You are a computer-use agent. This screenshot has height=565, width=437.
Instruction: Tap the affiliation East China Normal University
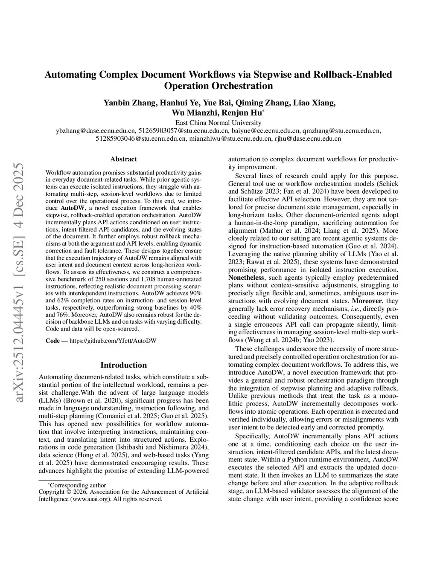click(x=218, y=123)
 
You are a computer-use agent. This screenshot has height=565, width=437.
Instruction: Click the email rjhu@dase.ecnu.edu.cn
click(x=308, y=138)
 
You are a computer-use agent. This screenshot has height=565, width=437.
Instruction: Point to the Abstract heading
click(x=123, y=159)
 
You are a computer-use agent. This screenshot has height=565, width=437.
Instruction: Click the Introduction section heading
click(x=123, y=365)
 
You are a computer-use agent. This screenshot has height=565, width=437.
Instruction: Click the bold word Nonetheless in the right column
click(x=246, y=277)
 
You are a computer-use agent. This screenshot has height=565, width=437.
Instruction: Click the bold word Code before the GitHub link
click(x=52, y=341)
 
